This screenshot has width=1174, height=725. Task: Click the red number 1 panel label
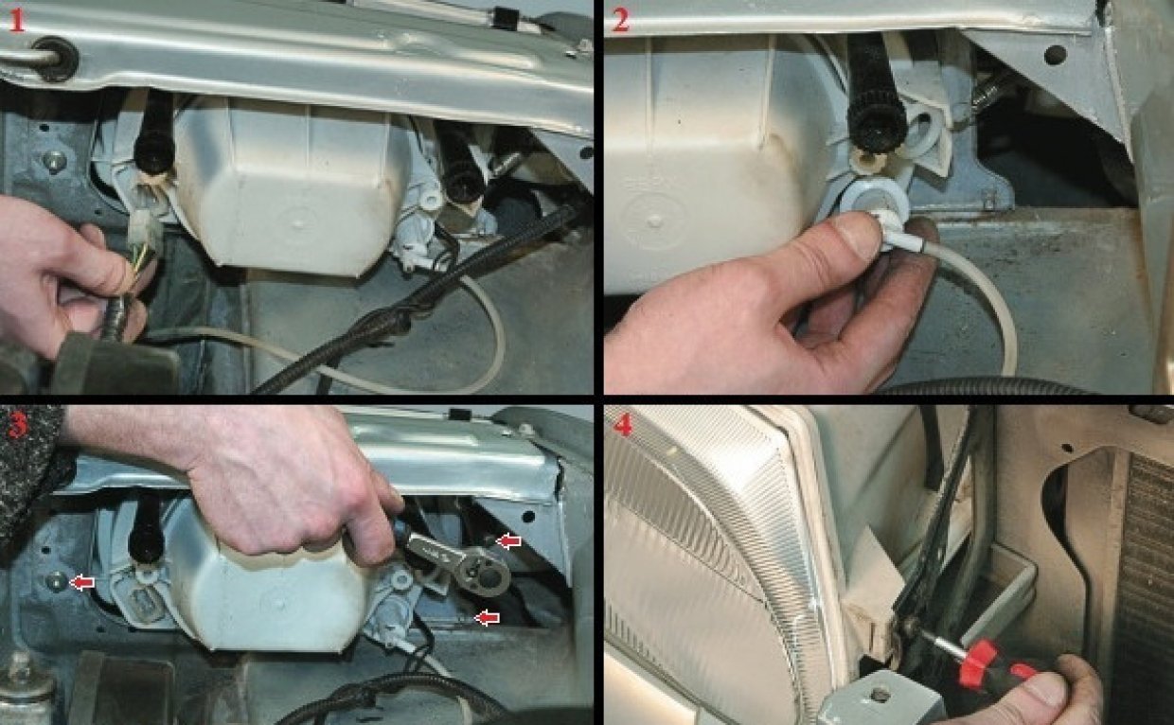coord(17,21)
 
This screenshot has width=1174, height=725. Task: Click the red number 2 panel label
coord(620,21)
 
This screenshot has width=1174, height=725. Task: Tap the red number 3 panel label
coord(17,425)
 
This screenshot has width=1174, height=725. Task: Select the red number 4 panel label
coord(622,425)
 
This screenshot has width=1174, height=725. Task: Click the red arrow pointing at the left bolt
coord(82,582)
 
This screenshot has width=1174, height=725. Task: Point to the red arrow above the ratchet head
coord(508,541)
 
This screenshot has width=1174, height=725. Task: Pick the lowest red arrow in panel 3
coord(487,618)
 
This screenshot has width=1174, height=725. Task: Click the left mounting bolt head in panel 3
coord(56,580)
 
